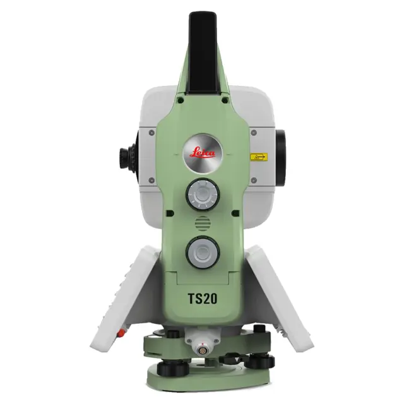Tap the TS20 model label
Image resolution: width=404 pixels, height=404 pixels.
click(202, 298)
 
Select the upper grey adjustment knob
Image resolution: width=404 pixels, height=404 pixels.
click(201, 196)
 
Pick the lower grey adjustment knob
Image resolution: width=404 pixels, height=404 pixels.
click(201, 253)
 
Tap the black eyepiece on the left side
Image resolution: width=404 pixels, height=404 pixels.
click(127, 155)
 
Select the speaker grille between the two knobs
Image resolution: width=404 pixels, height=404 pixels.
click(201, 224)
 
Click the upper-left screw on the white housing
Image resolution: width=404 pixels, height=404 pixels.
click(152, 133)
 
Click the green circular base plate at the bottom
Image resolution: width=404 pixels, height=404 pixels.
click(202, 379)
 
